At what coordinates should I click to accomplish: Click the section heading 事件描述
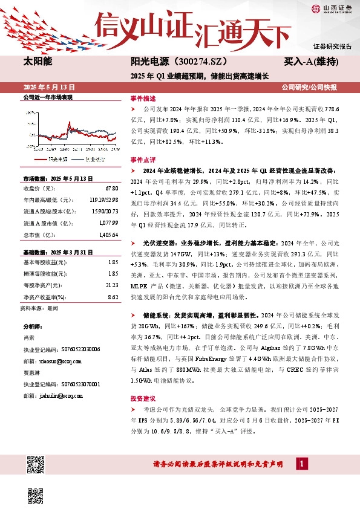pos(143,97)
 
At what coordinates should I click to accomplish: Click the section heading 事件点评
pos(143,160)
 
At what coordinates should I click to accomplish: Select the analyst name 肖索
pos(29,337)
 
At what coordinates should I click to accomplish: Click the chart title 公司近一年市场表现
pos(48,97)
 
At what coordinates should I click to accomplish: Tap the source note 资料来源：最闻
pos(39,308)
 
